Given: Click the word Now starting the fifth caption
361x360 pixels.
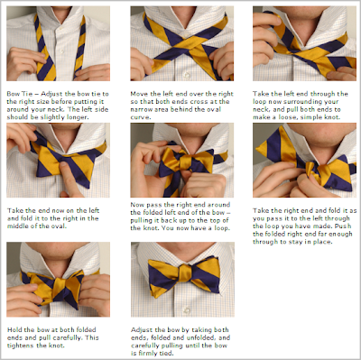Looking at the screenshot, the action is point(137,205).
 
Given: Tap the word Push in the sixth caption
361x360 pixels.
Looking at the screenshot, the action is point(343,226).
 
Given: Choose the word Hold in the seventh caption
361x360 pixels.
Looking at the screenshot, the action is point(14,329).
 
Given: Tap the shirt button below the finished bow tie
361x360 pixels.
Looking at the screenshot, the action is point(188,309).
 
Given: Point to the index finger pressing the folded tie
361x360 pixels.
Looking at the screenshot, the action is point(69,178).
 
